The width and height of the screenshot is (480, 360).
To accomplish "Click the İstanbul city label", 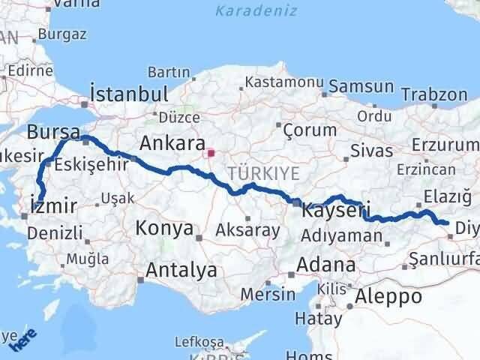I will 128,94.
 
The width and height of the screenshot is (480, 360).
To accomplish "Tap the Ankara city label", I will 172,143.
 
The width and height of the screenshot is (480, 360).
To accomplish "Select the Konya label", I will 164,228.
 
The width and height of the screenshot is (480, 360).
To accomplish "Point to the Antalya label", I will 182,269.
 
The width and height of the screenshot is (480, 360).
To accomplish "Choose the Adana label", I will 326,265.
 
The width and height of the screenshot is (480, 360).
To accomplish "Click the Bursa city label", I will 53,132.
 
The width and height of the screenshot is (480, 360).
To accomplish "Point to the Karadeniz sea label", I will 256,11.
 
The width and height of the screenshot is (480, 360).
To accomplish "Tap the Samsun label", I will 361,86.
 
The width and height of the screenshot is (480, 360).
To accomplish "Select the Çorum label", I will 310,130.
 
